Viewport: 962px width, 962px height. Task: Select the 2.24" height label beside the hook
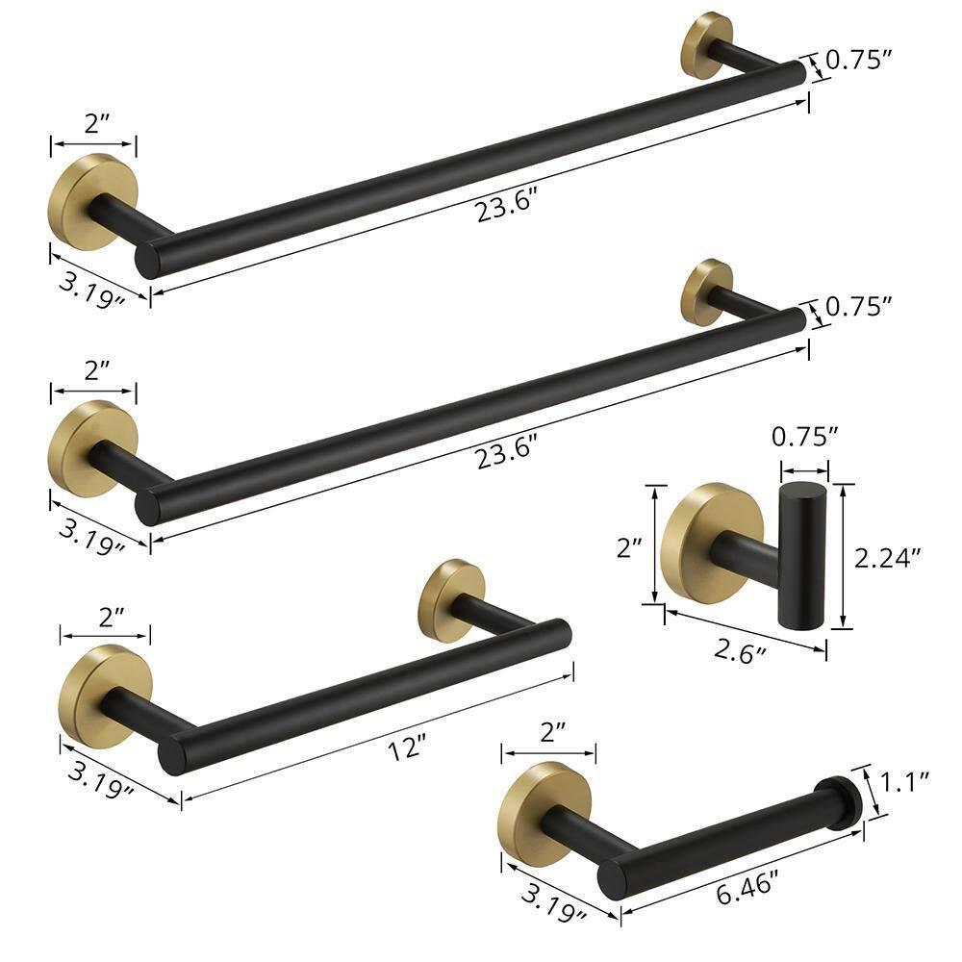pos(889,556)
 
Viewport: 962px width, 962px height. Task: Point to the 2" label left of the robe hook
pos(628,548)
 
